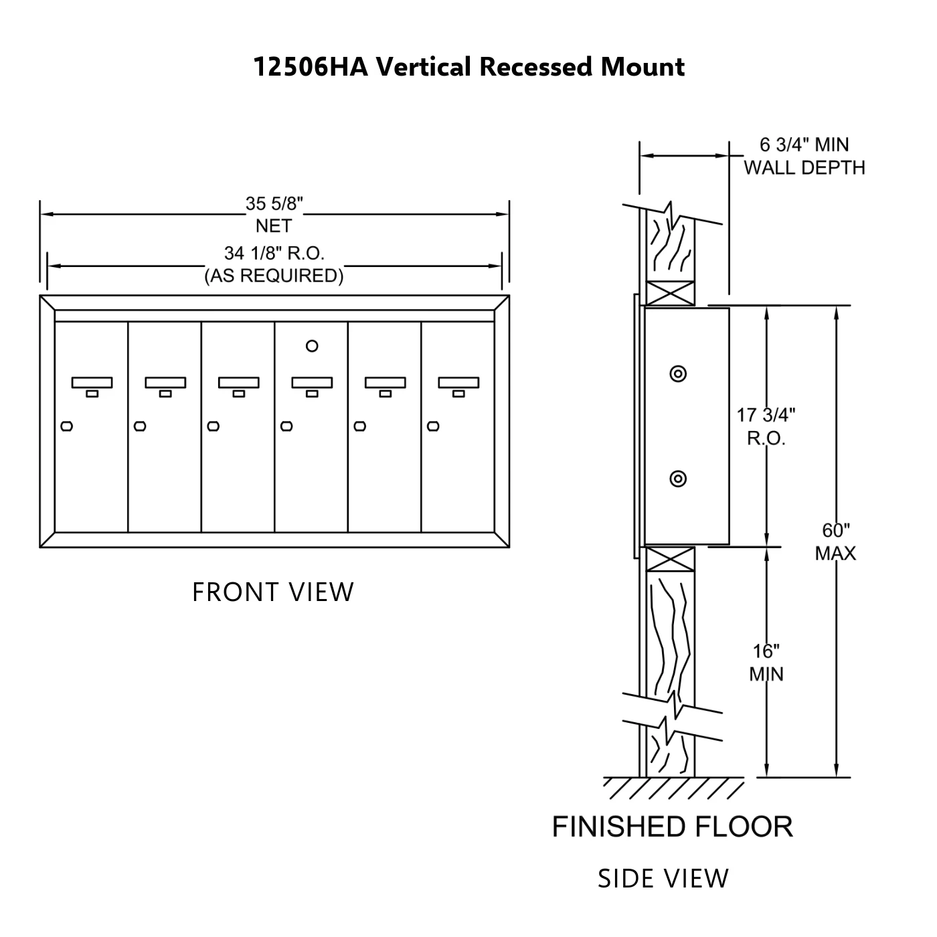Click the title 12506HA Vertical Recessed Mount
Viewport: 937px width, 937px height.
coord(468,68)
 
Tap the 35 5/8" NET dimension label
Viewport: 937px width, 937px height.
coord(274,214)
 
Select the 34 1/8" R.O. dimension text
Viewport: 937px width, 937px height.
coord(274,264)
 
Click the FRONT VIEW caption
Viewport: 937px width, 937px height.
coord(273,592)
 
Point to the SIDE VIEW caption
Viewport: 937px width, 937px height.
coord(663,879)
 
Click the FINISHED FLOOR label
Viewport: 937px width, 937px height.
coord(672,827)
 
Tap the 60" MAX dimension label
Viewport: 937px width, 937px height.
coord(835,542)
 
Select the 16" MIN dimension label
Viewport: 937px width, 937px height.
coord(766,663)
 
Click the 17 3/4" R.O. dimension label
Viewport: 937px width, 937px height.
coord(766,426)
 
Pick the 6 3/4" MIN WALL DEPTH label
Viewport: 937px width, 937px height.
coord(804,156)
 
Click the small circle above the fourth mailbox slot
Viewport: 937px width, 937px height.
coord(311,346)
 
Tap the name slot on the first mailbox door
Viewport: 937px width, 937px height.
coord(92,383)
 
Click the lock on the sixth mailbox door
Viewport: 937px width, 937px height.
coord(433,426)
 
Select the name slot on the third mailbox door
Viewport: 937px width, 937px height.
coord(238,383)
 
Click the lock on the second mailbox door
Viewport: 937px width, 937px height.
coord(140,426)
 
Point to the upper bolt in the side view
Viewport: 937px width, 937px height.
coord(678,373)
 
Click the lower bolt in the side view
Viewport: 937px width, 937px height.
coord(678,479)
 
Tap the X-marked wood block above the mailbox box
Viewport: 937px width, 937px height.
coord(670,293)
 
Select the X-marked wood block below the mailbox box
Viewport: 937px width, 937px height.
coord(670,560)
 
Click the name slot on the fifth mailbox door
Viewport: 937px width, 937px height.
coord(385,383)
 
